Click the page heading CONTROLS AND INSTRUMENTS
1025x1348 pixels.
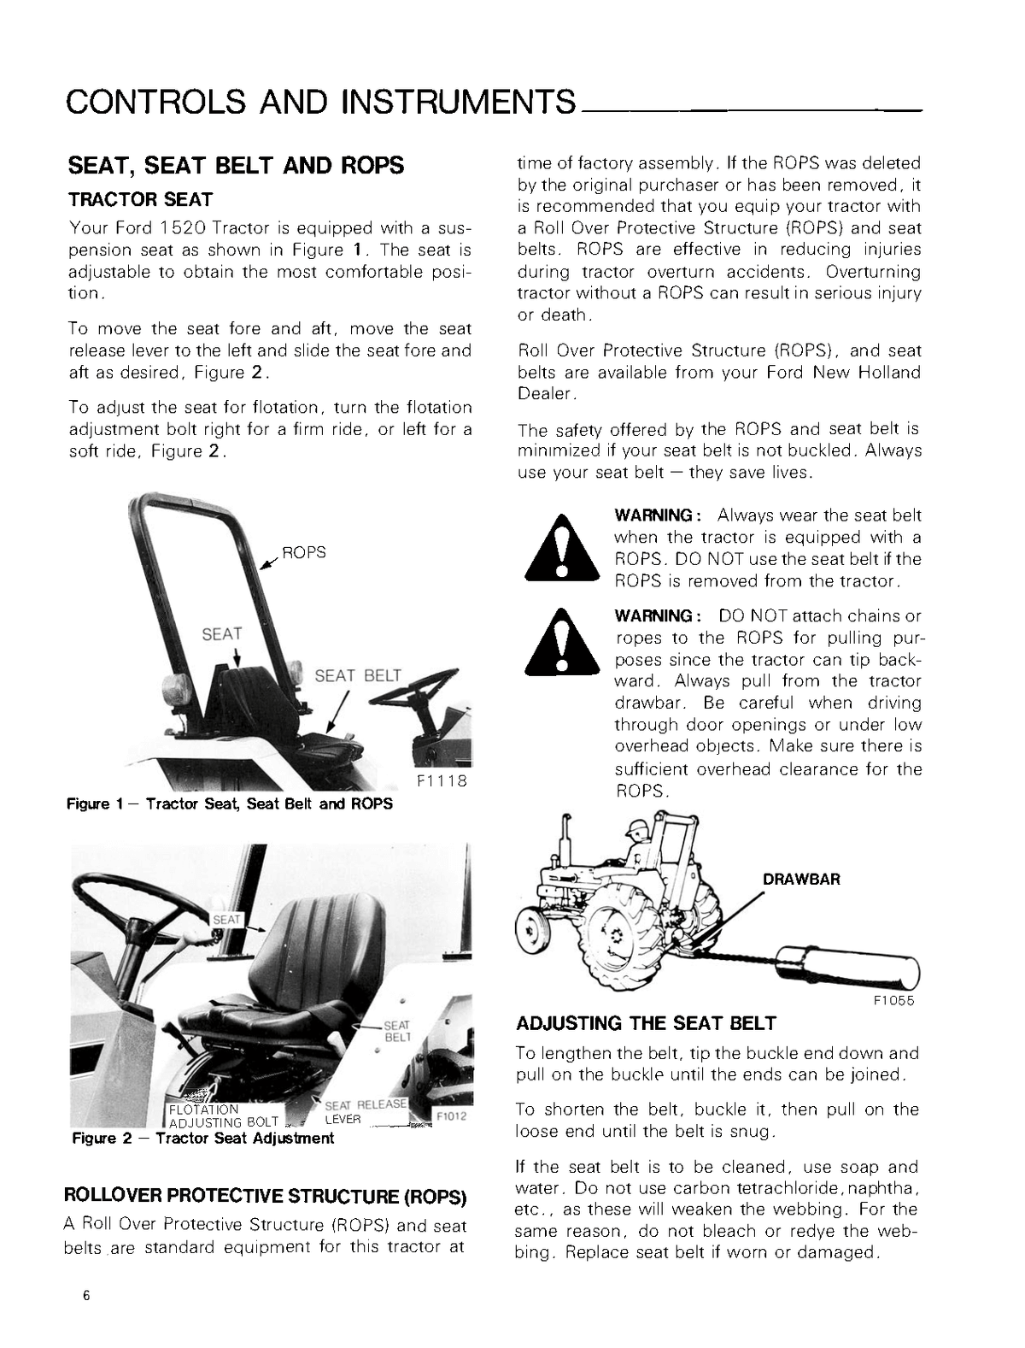pyautogui.click(x=320, y=102)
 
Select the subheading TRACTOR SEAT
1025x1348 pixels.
pyautogui.click(x=140, y=199)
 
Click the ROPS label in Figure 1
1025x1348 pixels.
pyautogui.click(x=304, y=552)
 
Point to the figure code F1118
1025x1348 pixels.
pyautogui.click(x=442, y=781)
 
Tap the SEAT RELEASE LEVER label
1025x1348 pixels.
pyautogui.click(x=363, y=1111)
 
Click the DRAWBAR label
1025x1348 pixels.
pyautogui.click(x=800, y=879)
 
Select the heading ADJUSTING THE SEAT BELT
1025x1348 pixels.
pyautogui.click(x=646, y=1023)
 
